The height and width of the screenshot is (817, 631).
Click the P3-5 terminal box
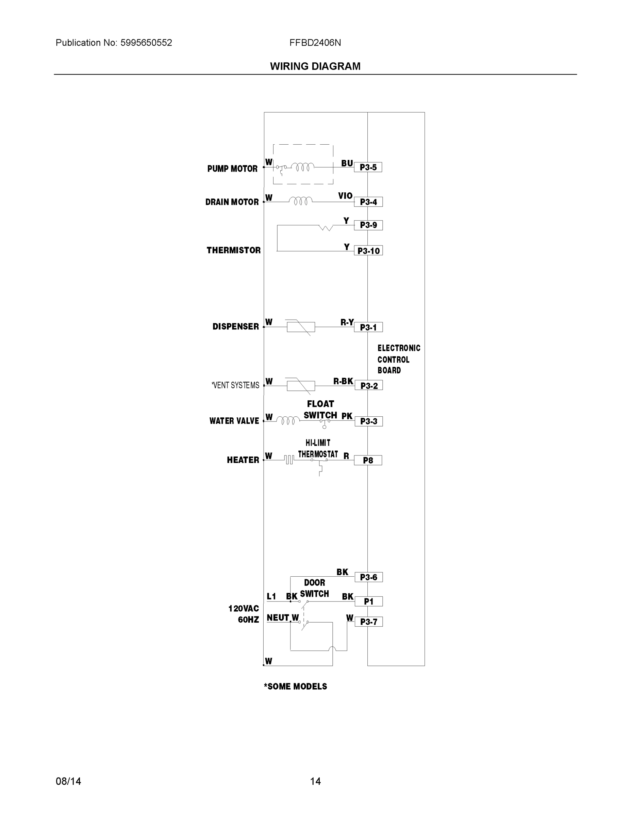coord(368,167)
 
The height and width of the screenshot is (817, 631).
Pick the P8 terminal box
coord(368,460)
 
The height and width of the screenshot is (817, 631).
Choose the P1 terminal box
coord(369,602)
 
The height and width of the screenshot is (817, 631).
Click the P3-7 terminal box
coord(369,622)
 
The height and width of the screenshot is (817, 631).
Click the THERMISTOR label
coord(234,250)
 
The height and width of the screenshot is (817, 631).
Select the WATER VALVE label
coord(234,421)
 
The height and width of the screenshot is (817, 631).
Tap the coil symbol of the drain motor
coord(301,201)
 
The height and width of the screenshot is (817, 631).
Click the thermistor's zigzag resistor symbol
coord(326,227)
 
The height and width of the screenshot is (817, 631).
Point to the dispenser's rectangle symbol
coord(301,327)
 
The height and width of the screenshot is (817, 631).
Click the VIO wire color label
coord(345,196)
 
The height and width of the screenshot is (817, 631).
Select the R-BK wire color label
coord(343,381)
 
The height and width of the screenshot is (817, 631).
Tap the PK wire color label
coord(347,416)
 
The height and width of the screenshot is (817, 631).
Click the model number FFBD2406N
coord(315,43)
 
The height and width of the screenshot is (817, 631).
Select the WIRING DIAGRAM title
coord(315,66)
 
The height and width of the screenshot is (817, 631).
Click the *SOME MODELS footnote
coord(295,686)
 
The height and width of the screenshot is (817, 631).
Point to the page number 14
coord(315,781)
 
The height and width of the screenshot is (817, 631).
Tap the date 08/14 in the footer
coord(68,781)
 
